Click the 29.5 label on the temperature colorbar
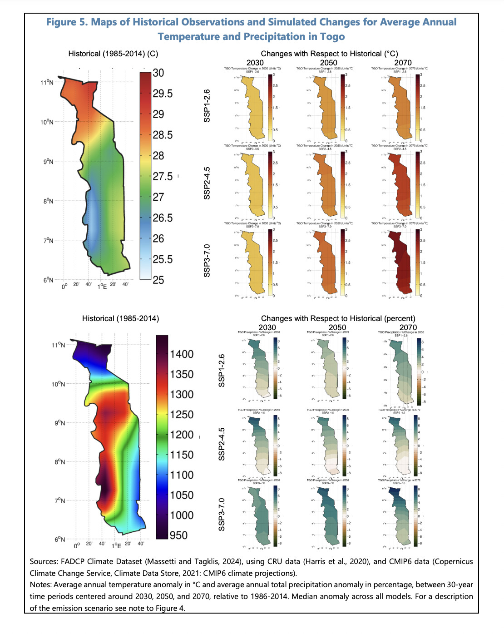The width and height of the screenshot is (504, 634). [162, 94]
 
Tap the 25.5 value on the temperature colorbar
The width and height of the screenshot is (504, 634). [162, 259]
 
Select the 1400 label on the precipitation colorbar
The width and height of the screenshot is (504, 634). [182, 354]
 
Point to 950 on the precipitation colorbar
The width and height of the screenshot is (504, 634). [178, 535]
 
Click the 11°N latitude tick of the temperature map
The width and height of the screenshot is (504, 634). [47, 83]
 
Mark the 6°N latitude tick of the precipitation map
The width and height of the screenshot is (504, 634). [60, 540]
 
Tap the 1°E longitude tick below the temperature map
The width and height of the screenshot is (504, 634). [102, 286]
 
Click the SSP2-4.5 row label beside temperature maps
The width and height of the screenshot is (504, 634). [207, 183]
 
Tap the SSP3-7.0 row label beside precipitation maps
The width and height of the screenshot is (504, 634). [222, 515]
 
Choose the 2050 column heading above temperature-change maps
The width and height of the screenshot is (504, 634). [328, 63]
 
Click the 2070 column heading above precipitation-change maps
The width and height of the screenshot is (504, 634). [408, 327]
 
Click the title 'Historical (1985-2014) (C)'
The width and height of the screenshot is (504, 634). [113, 54]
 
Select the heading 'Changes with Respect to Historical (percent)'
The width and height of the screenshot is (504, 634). [338, 319]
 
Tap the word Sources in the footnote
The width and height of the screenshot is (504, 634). [44, 562]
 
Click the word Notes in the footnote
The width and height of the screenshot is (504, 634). [40, 585]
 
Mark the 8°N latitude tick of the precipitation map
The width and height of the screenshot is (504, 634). [60, 462]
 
